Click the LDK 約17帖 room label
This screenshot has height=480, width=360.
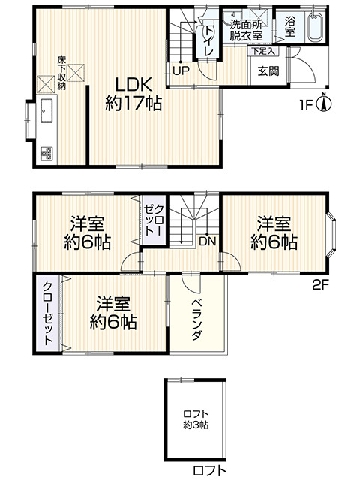point(133,94)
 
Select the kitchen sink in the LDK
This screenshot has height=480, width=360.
point(46,112)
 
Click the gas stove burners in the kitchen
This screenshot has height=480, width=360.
point(46,154)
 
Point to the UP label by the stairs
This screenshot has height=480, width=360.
point(181,71)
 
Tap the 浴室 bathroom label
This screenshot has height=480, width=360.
point(290,28)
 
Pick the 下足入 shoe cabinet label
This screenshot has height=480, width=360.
point(263,52)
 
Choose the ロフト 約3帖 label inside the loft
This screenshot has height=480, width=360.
point(196,418)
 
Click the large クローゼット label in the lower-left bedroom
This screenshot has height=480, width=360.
point(47,313)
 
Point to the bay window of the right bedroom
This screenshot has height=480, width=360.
point(334,233)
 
